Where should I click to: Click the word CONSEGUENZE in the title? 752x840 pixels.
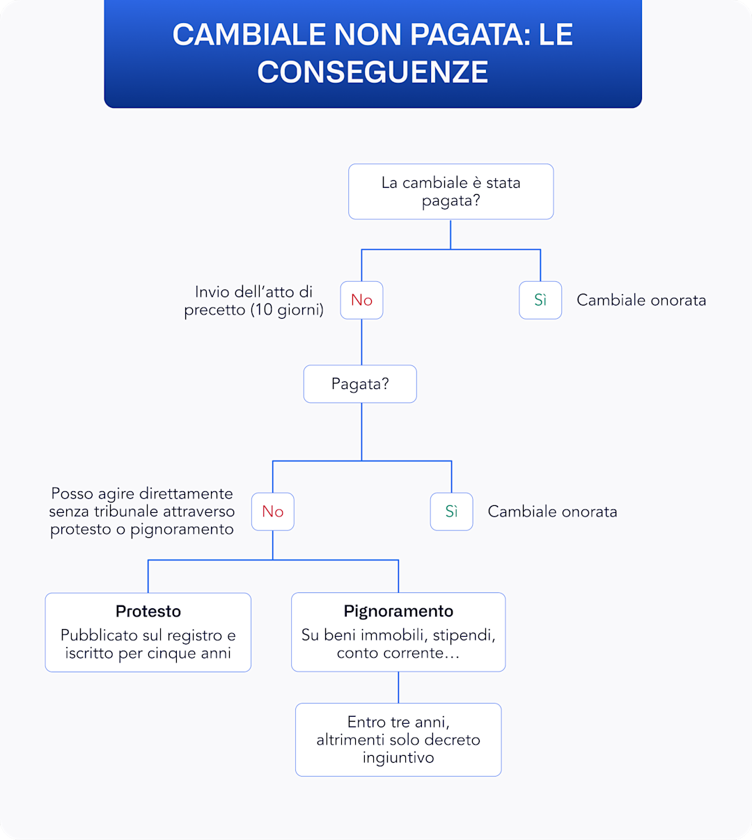[x=373, y=72]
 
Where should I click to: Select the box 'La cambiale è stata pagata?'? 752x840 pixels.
[x=451, y=192]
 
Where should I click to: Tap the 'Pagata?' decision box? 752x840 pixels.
[x=360, y=384]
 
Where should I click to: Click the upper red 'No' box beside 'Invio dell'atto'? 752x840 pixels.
[x=361, y=300]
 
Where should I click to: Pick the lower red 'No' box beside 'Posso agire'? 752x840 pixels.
[x=272, y=512]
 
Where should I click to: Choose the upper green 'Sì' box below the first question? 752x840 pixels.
[x=540, y=300]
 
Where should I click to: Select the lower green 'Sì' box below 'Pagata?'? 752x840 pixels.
[x=451, y=512]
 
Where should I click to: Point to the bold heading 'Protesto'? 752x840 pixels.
[x=148, y=611]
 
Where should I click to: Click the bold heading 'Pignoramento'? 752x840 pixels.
[x=398, y=611]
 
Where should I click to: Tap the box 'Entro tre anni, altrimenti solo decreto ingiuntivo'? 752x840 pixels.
[x=398, y=740]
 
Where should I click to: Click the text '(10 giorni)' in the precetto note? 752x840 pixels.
[x=287, y=310]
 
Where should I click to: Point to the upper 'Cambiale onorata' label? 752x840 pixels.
[x=641, y=300]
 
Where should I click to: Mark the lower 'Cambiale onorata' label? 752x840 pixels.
[x=552, y=512]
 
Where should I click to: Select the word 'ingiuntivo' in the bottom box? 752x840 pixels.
[x=398, y=758]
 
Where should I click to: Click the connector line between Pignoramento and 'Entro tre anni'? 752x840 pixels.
[x=398, y=688]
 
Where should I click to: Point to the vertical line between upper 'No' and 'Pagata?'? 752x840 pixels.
[x=361, y=342]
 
